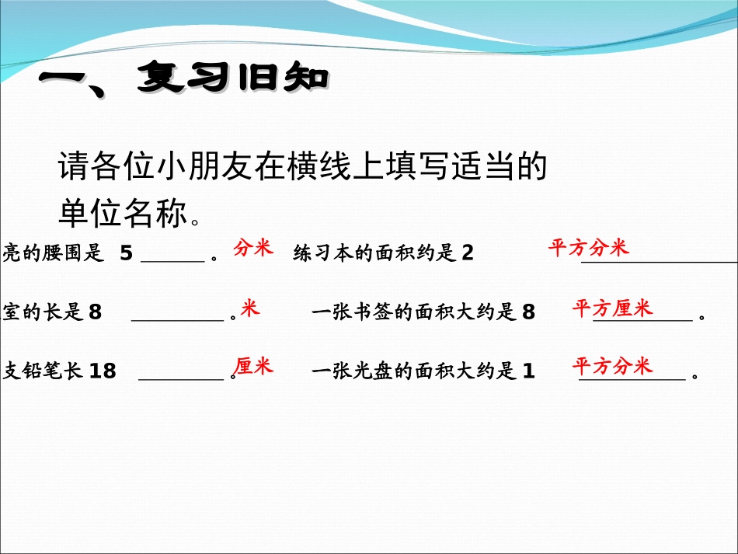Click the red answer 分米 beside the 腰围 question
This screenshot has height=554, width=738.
pos(252,249)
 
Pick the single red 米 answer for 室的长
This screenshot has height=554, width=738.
pos(249,308)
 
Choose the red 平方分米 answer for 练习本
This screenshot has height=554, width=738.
pos(588,248)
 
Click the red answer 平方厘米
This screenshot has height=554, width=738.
pos(612,308)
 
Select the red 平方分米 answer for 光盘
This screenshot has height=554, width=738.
pos(612,366)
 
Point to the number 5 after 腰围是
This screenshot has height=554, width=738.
pos(127,254)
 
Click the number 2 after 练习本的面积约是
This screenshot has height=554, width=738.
pos(467,254)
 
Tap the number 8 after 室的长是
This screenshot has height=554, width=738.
pos(96,313)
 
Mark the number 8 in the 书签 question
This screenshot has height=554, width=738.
pos(529,313)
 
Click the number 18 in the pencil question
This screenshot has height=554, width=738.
pos(103,371)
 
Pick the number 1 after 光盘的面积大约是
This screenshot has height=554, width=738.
pos(529,371)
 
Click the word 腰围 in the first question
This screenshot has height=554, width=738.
pos(58,254)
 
